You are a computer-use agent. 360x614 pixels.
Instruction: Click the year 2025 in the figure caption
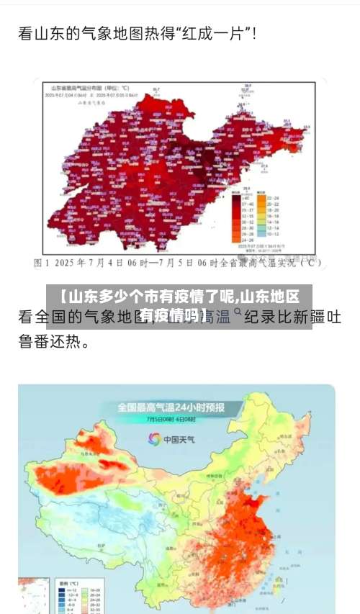[73, 263]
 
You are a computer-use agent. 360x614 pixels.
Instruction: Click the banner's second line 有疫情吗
[173, 315]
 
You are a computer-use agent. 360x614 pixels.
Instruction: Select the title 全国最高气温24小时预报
[171, 407]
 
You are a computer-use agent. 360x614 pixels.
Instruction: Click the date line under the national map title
[171, 419]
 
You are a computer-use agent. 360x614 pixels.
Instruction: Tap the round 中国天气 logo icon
[154, 438]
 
